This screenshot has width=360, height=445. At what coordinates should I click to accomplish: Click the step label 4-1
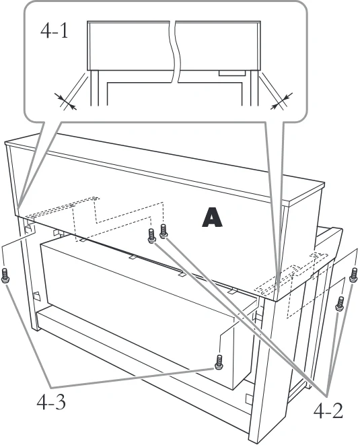coord(55,31)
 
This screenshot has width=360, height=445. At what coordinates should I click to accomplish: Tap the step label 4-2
coord(328,411)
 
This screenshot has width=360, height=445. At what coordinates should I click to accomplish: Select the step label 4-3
coord(51,402)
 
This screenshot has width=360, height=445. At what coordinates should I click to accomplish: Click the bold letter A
coord(212,217)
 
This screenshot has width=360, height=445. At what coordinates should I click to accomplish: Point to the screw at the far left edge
coord(5,275)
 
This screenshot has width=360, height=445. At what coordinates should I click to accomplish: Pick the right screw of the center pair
coord(164,231)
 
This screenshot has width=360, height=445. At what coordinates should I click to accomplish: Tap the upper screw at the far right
coord(353,275)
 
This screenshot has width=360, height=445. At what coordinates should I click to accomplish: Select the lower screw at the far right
coord(340,304)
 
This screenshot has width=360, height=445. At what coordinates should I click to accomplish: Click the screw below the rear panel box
coord(219,362)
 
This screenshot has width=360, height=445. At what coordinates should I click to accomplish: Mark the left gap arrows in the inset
coord(65,102)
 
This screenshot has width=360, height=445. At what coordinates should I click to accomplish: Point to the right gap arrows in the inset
coord(281,101)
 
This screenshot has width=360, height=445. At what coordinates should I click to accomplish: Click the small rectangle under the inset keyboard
coord(231,73)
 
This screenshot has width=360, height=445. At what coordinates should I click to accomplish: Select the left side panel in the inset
coord(94,88)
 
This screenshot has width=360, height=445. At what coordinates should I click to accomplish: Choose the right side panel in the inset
coord(254,88)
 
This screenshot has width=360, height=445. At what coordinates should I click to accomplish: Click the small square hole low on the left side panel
coord(36,296)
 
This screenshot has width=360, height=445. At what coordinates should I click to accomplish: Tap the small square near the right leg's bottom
coord(248,398)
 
